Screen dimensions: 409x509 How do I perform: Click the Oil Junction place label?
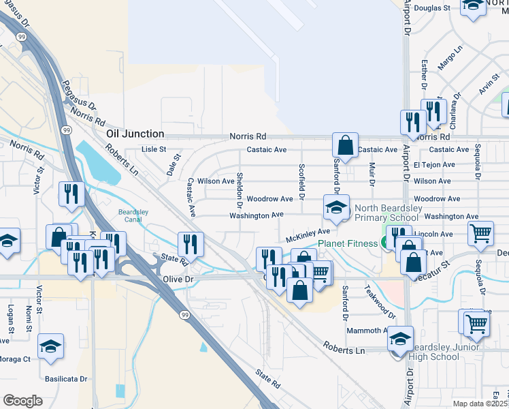(135, 134)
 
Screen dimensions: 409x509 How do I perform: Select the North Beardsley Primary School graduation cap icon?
(335, 207)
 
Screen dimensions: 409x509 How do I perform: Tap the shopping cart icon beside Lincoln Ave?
(480, 234)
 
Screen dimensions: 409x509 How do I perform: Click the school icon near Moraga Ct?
(50, 346)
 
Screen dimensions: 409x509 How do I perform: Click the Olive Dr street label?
(179, 279)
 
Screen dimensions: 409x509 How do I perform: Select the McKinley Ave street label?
(308, 236)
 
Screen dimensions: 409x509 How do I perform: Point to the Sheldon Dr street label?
(240, 190)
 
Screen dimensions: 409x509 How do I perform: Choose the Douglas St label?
(432, 8)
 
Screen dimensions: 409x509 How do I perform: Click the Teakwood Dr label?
(380, 301)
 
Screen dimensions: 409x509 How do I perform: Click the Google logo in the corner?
(22, 401)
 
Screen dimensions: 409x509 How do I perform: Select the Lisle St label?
(153, 149)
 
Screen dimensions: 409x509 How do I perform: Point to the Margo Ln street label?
(450, 58)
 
